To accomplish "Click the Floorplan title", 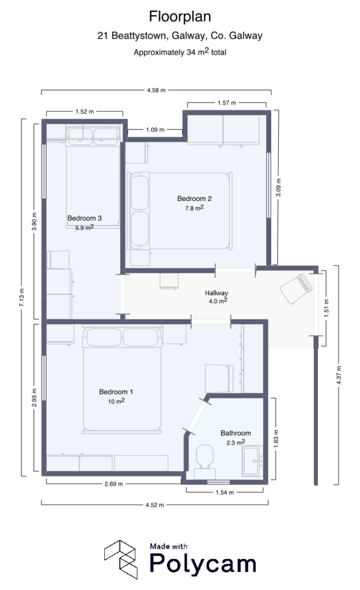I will [x=180, y=16].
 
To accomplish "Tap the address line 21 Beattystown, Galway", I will [x=180, y=36].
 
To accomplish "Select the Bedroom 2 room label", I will [x=190, y=199].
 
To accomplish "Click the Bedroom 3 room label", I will [x=85, y=218].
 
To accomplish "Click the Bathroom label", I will [x=236, y=433].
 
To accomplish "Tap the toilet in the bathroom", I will [x=204, y=459].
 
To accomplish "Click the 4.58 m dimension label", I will [x=156, y=90].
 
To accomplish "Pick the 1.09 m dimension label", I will [x=156, y=130].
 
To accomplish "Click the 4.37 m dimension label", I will [x=339, y=375].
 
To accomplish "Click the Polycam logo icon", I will [x=120, y=559].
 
